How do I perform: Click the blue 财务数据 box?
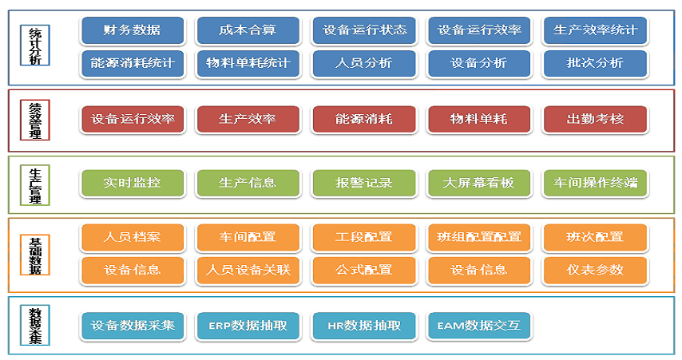pyautogui.click(x=132, y=30)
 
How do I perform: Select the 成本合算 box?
pyautogui.click(x=248, y=30)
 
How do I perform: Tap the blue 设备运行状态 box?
pyautogui.click(x=364, y=30)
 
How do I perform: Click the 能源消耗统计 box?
pyautogui.click(x=132, y=62)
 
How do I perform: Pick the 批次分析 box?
pyautogui.click(x=595, y=62)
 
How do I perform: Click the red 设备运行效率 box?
pyautogui.click(x=132, y=119)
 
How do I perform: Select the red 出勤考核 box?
pyautogui.click(x=595, y=119)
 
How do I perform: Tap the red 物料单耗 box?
pyautogui.click(x=479, y=119)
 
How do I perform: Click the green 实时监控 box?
pyautogui.click(x=132, y=183)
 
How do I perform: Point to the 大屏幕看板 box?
pyautogui.click(x=479, y=183)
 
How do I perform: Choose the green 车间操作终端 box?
pyautogui.click(x=595, y=183)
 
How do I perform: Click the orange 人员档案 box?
pyautogui.click(x=132, y=237)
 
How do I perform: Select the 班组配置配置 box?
pyautogui.click(x=479, y=237)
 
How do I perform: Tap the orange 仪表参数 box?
pyautogui.click(x=595, y=270)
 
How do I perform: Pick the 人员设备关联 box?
pyautogui.click(x=248, y=270)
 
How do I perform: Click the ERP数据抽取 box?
pyautogui.click(x=248, y=326)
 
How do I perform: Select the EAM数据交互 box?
pyautogui.click(x=479, y=326)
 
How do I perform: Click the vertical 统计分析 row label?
pyautogui.click(x=34, y=49)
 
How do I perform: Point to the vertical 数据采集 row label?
pyautogui.click(x=34, y=325)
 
